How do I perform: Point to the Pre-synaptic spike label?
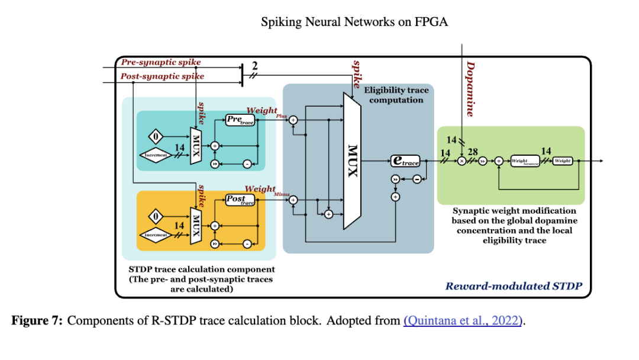coord(161,62)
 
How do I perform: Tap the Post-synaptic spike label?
coord(162,76)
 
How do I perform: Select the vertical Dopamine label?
coord(470,89)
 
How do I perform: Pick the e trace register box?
coord(405,160)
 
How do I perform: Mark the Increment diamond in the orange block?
coord(157,235)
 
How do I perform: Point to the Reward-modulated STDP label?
coord(514,287)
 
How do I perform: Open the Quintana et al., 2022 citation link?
coord(464,321)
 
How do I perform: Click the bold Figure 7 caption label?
coord(37,321)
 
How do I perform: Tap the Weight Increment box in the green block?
coord(527,160)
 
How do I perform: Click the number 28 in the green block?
coord(473,152)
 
